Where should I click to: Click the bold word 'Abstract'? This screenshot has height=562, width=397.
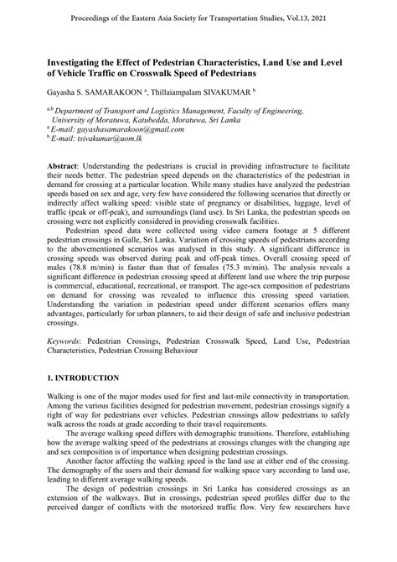tap(66, 167)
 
